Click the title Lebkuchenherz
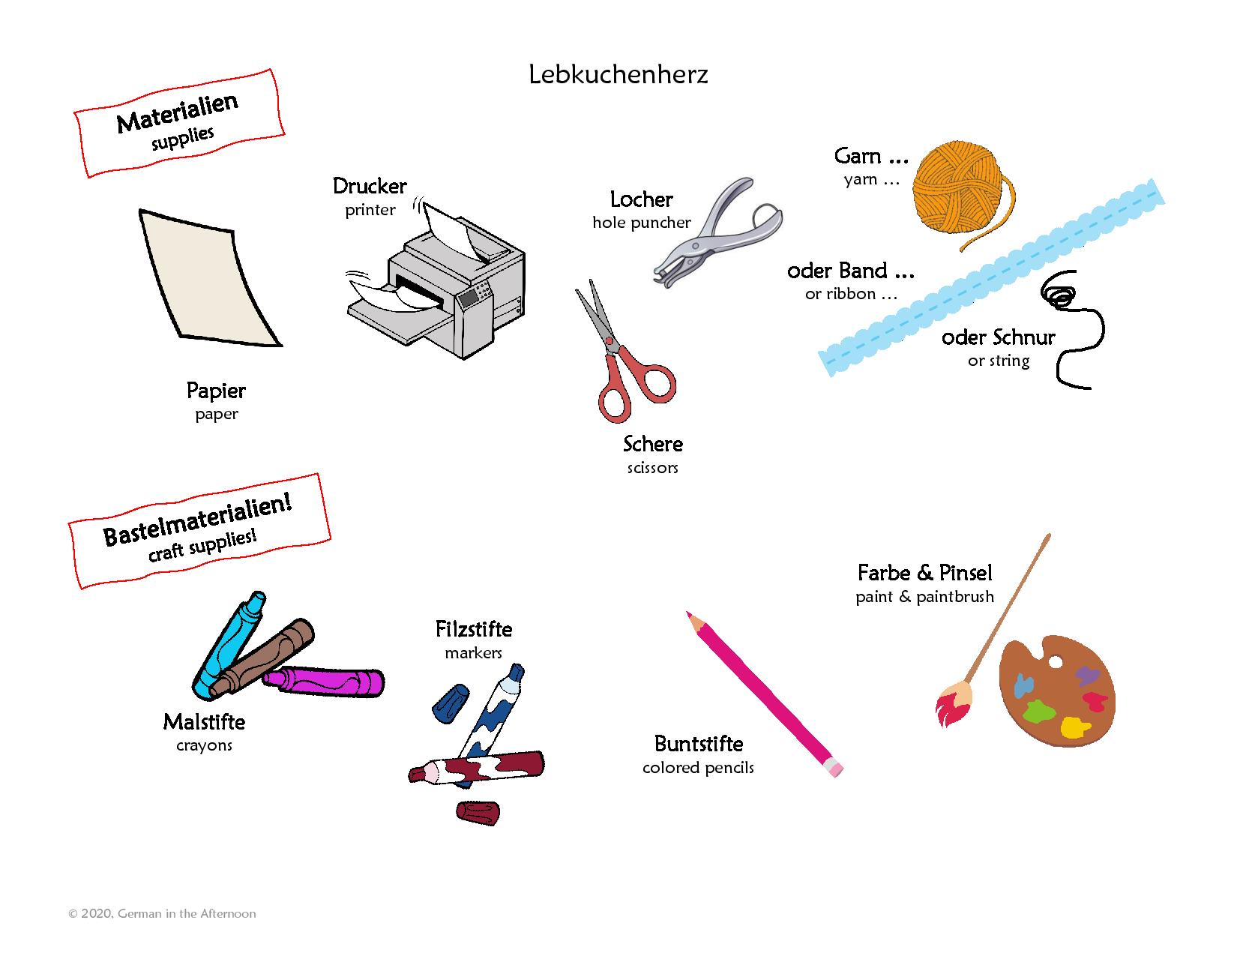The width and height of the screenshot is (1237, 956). [x=618, y=74]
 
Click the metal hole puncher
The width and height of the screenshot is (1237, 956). [x=718, y=233]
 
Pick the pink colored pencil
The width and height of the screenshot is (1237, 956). [x=764, y=694]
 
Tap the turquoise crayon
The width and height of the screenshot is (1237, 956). [x=229, y=645]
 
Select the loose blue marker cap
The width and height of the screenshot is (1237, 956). [x=451, y=703]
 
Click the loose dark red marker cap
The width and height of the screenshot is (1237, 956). [x=478, y=813]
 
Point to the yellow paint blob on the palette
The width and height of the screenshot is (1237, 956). [x=1074, y=727]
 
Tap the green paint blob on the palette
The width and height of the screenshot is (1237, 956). [x=1039, y=711]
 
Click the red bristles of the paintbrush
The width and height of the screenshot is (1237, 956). [x=948, y=709]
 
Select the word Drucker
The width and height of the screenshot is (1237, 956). [x=370, y=186]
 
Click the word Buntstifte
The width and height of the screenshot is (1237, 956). [x=699, y=744]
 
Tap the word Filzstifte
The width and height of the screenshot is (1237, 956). [x=474, y=629]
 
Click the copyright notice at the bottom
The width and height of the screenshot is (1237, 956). [x=162, y=913]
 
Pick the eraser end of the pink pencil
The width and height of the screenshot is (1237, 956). [x=834, y=768]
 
